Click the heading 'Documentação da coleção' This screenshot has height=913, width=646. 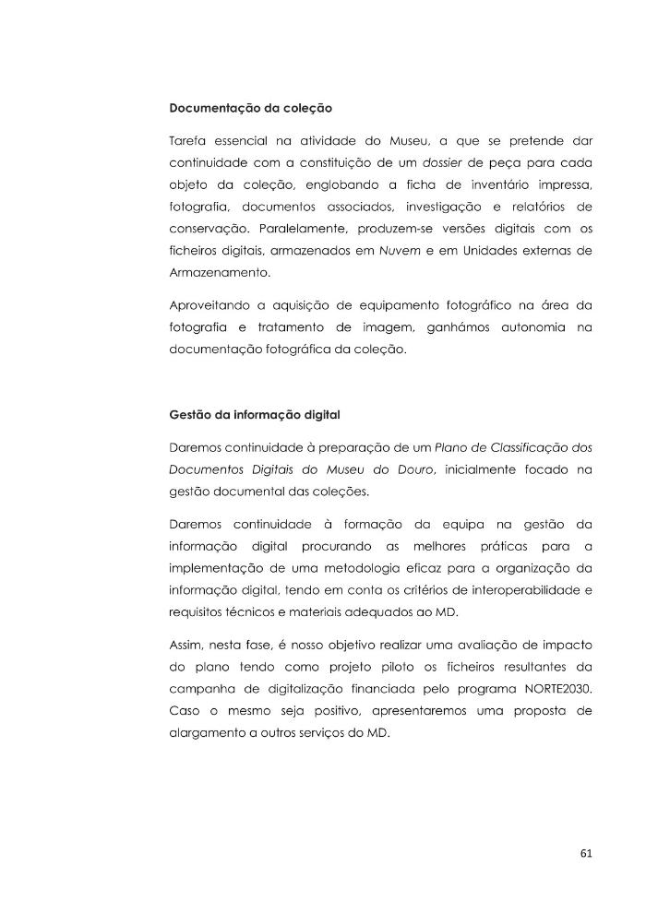[250, 108]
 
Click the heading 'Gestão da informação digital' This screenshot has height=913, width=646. [254, 417]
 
